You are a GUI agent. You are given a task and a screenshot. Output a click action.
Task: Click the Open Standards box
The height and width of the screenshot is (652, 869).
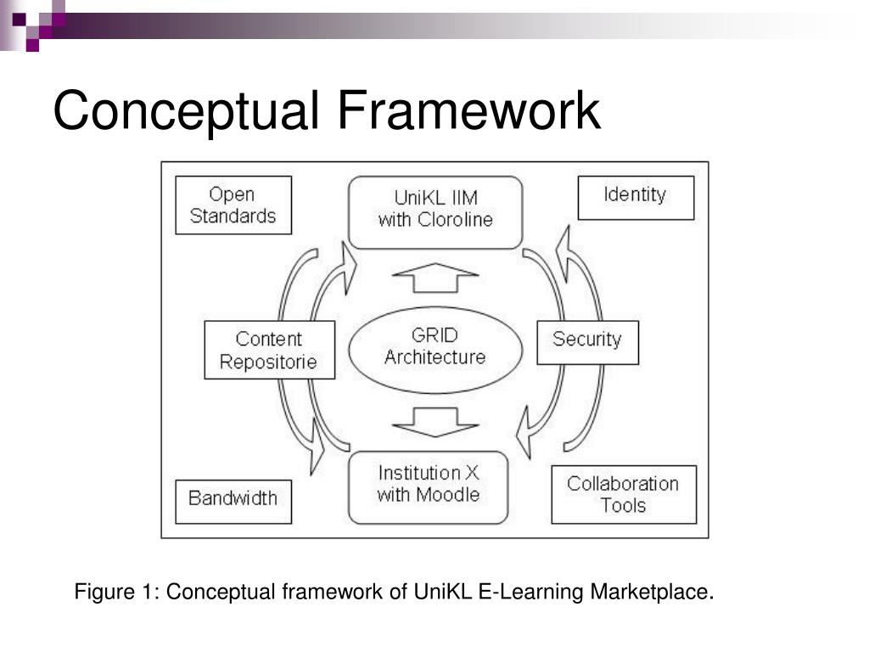tap(233, 205)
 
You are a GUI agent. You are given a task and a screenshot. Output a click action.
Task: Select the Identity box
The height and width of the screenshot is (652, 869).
tap(636, 198)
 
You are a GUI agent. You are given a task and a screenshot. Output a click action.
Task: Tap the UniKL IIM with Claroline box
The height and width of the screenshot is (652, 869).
tap(435, 212)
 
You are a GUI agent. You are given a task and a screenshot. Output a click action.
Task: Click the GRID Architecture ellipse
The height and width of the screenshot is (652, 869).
tap(435, 350)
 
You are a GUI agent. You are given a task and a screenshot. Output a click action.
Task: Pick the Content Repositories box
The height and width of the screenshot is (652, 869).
tap(269, 350)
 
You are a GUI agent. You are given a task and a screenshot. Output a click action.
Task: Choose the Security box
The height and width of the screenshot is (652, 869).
tap(587, 342)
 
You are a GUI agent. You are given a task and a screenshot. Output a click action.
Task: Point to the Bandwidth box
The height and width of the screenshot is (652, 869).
tap(233, 502)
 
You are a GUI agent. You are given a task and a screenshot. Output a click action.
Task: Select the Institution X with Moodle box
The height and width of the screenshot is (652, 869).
tap(428, 487)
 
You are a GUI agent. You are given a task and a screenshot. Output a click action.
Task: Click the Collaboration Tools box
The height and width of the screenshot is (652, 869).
tap(624, 495)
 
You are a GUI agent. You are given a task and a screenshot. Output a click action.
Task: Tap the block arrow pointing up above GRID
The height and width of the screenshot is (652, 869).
tap(435, 278)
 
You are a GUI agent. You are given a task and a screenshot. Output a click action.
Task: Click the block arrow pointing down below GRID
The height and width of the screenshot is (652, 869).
tap(435, 422)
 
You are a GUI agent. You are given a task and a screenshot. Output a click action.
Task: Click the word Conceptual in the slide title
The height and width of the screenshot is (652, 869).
tap(186, 111)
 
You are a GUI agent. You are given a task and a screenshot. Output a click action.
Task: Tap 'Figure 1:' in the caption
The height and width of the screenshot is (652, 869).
tap(117, 592)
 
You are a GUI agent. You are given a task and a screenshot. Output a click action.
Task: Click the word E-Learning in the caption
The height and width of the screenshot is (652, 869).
tap(530, 592)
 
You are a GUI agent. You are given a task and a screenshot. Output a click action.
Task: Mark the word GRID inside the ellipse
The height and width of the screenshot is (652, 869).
tap(434, 334)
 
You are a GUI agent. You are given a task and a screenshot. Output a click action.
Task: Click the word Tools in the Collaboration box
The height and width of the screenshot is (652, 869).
tap(624, 506)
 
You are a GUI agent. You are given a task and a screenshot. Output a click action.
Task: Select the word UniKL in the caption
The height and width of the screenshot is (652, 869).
tap(442, 592)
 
